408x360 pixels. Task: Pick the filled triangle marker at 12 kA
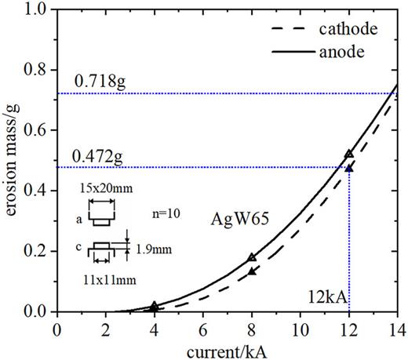pyautogui.click(x=349, y=168)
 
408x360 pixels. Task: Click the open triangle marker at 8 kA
pyautogui.click(x=252, y=257)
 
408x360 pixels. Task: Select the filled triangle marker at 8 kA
pyautogui.click(x=252, y=271)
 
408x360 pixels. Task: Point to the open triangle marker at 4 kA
pyautogui.click(x=154, y=305)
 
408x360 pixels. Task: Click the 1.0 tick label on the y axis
pyautogui.click(x=36, y=9)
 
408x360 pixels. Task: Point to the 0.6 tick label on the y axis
pyautogui.click(x=36, y=130)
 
